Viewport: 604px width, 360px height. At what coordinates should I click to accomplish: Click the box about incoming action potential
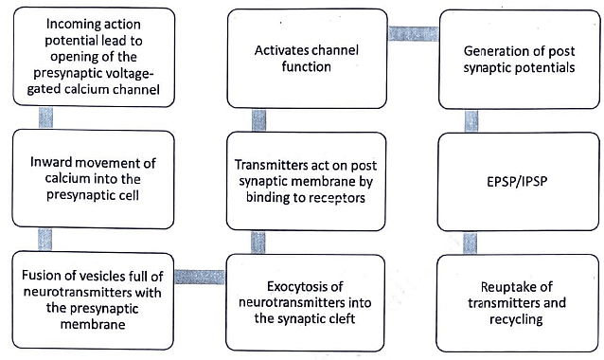coord(88,57)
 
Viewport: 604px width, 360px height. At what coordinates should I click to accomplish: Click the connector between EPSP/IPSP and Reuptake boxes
coord(471,242)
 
